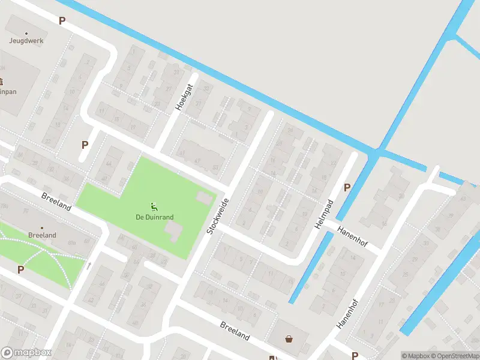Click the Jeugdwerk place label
(x=26, y=41)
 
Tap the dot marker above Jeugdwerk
(x=26, y=33)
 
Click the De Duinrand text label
(x=154, y=217)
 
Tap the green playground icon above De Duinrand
(x=154, y=207)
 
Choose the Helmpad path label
(x=324, y=214)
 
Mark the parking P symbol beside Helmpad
(x=347, y=188)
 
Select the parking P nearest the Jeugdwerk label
(x=62, y=21)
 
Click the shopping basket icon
(x=289, y=339)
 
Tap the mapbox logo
(x=26, y=353)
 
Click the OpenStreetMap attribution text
(x=454, y=356)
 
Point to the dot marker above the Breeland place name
(x=42, y=228)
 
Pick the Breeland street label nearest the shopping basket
(x=235, y=331)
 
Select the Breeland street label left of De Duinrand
(x=56, y=201)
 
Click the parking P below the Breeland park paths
(x=21, y=270)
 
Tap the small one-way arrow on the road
(x=89, y=265)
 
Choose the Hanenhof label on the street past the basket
(x=347, y=313)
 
